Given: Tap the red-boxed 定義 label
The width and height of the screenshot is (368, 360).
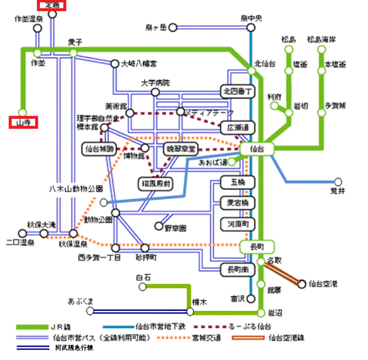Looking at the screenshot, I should (53, 5).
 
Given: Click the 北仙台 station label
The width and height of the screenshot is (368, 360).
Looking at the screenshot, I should (265, 64).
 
